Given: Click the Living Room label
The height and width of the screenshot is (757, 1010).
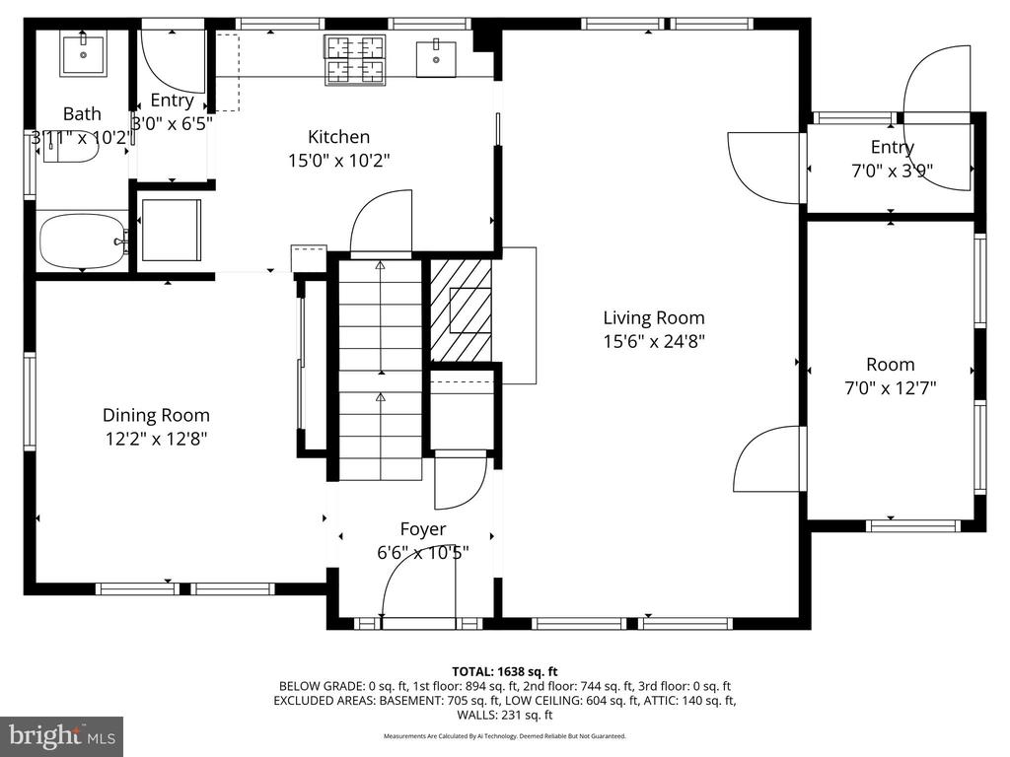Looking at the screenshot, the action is [x=654, y=318].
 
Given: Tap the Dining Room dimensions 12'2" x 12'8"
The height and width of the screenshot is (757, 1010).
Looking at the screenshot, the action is [x=156, y=439].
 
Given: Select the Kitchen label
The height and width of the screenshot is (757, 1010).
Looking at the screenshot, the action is [x=339, y=136].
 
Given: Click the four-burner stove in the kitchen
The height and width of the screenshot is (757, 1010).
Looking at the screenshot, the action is [x=355, y=60].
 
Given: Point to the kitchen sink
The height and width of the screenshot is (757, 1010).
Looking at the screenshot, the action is [x=436, y=58].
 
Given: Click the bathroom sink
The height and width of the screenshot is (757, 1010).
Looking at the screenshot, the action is [x=84, y=55].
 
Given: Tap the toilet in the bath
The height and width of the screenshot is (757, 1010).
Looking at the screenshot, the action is [x=70, y=148].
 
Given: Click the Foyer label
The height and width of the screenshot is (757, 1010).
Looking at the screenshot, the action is [x=422, y=529].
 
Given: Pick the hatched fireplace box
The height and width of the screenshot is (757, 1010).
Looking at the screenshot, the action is [x=461, y=310].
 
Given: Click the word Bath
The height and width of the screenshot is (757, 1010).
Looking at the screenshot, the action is [x=82, y=114].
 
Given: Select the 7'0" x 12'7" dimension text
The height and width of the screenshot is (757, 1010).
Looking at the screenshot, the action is [x=891, y=388].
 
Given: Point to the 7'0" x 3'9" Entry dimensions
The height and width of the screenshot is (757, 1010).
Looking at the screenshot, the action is [x=892, y=171].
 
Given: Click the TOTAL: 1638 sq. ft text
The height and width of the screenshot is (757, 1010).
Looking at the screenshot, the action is [x=504, y=672].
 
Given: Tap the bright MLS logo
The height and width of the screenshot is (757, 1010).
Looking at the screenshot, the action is [x=62, y=735].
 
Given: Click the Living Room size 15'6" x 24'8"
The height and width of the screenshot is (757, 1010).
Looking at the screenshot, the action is [x=654, y=341].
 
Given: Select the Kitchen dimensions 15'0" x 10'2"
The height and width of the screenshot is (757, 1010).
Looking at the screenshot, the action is [x=339, y=160].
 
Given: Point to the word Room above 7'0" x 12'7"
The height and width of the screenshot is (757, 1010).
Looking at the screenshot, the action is [x=891, y=365].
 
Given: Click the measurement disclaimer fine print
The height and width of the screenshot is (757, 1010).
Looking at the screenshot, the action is [x=504, y=735].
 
